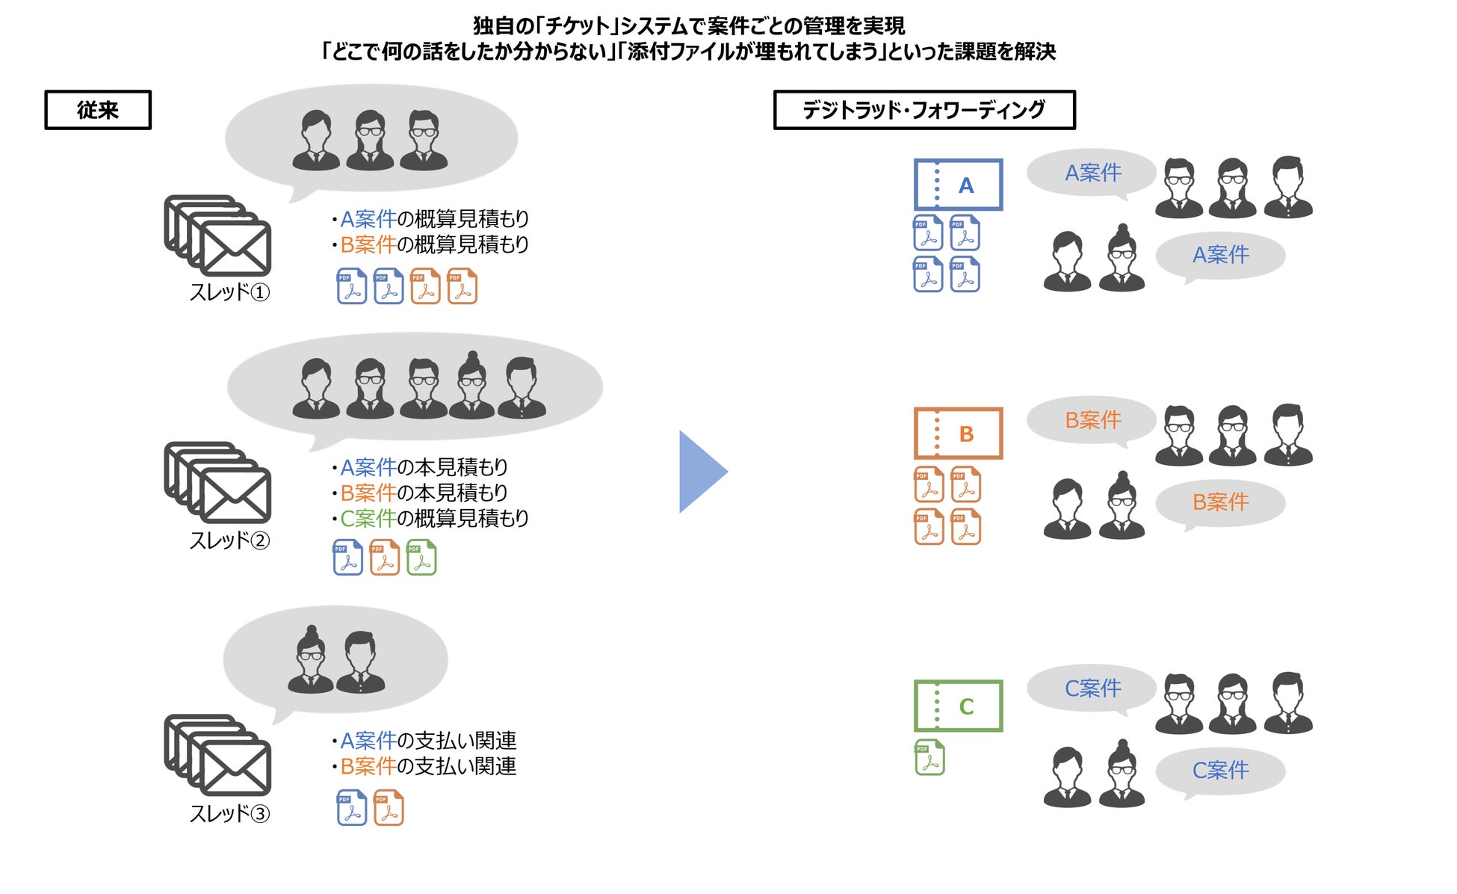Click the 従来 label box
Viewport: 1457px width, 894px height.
98,110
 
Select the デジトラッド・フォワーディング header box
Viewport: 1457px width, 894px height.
924,110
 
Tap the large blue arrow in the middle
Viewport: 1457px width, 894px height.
701,472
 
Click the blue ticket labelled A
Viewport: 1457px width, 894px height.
958,185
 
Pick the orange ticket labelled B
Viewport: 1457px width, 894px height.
958,434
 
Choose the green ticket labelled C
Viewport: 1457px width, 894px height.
958,706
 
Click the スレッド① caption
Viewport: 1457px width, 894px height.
229,292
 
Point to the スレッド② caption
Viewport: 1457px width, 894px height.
229,540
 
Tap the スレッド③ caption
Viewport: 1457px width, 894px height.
229,813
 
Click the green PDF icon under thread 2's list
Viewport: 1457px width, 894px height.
421,558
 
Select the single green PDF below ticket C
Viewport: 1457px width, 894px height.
929,757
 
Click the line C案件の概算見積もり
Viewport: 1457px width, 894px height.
433,518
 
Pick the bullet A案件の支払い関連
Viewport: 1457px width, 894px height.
427,741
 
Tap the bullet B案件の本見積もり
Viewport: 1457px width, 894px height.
423,493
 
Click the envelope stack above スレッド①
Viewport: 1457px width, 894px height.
217,235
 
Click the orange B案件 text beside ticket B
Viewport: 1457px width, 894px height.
1092,420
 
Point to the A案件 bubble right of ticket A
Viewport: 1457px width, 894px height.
1092,173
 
